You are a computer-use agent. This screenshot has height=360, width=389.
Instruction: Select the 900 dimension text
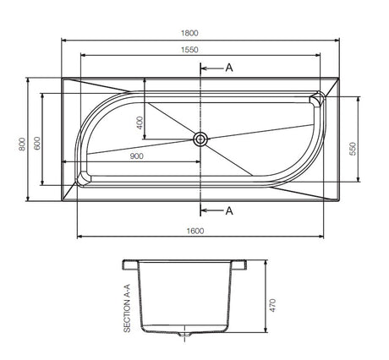tap(136, 157)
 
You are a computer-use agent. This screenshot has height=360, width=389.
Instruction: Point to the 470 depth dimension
tap(272, 305)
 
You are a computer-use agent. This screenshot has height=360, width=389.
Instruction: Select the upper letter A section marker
tap(229, 68)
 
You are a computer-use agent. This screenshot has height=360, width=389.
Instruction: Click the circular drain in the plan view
tap(201, 139)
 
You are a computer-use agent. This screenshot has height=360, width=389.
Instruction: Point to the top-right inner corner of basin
tap(318, 100)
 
